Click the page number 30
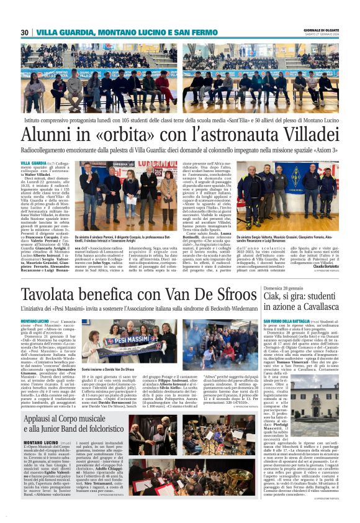(25, 32)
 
